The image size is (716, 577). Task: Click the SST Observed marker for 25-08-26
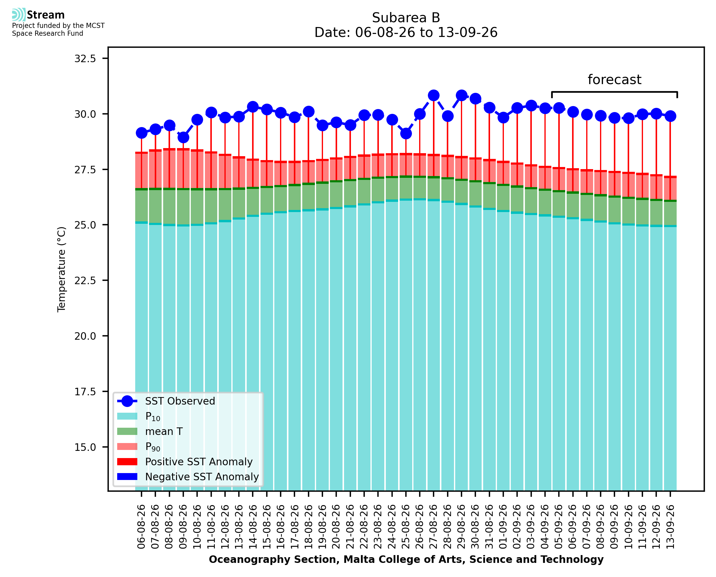point(406,134)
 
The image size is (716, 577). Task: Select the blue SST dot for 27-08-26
point(434,96)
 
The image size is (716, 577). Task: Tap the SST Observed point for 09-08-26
point(183,137)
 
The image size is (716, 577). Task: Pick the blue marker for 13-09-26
point(670,116)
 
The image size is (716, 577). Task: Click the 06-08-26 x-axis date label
point(141,527)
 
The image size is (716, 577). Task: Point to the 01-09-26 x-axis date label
point(503,527)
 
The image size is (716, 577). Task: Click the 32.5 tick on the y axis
point(85,59)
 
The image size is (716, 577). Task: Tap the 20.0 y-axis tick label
point(85,336)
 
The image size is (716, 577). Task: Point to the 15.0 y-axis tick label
point(85,447)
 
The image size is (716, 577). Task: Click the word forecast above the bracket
point(614,80)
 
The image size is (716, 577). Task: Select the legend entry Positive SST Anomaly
point(185,462)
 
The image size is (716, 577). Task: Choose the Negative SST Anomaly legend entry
point(188,477)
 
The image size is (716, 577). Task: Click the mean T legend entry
point(150,431)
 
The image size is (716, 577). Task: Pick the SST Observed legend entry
point(166,401)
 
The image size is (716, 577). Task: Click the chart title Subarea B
point(406,18)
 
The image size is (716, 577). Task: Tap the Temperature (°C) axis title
point(62,269)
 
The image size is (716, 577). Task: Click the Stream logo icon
point(19,15)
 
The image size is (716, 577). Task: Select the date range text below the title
point(406,32)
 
